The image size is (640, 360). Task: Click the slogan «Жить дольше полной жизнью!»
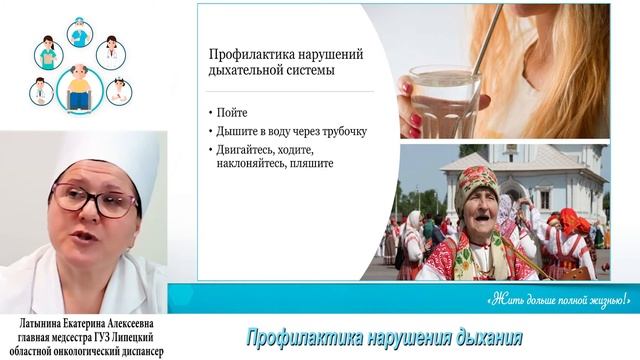(x=559, y=297)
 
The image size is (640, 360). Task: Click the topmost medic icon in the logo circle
(x=80, y=33)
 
